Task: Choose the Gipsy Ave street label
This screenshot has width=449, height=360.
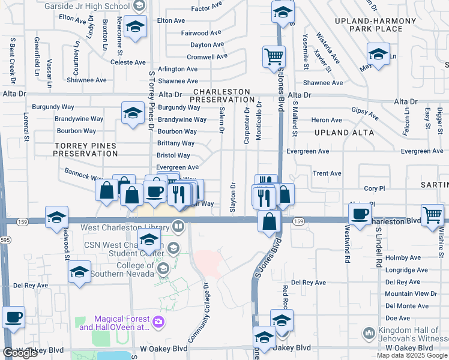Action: point(365,113)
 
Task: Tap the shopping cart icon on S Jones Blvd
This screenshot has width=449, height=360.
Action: point(274,57)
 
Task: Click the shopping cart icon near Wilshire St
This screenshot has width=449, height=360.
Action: point(432,214)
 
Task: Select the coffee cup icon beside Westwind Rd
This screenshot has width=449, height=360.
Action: point(360,214)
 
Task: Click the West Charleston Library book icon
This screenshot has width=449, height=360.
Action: point(178,226)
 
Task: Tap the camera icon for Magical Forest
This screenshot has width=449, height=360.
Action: point(159,322)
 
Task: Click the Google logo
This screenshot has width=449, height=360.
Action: point(20,353)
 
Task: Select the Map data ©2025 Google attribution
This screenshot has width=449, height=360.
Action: point(411,355)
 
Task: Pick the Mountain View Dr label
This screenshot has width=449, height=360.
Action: point(411,293)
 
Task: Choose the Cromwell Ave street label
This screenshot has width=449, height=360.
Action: point(207,57)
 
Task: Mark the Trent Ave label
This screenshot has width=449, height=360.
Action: point(327,173)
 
